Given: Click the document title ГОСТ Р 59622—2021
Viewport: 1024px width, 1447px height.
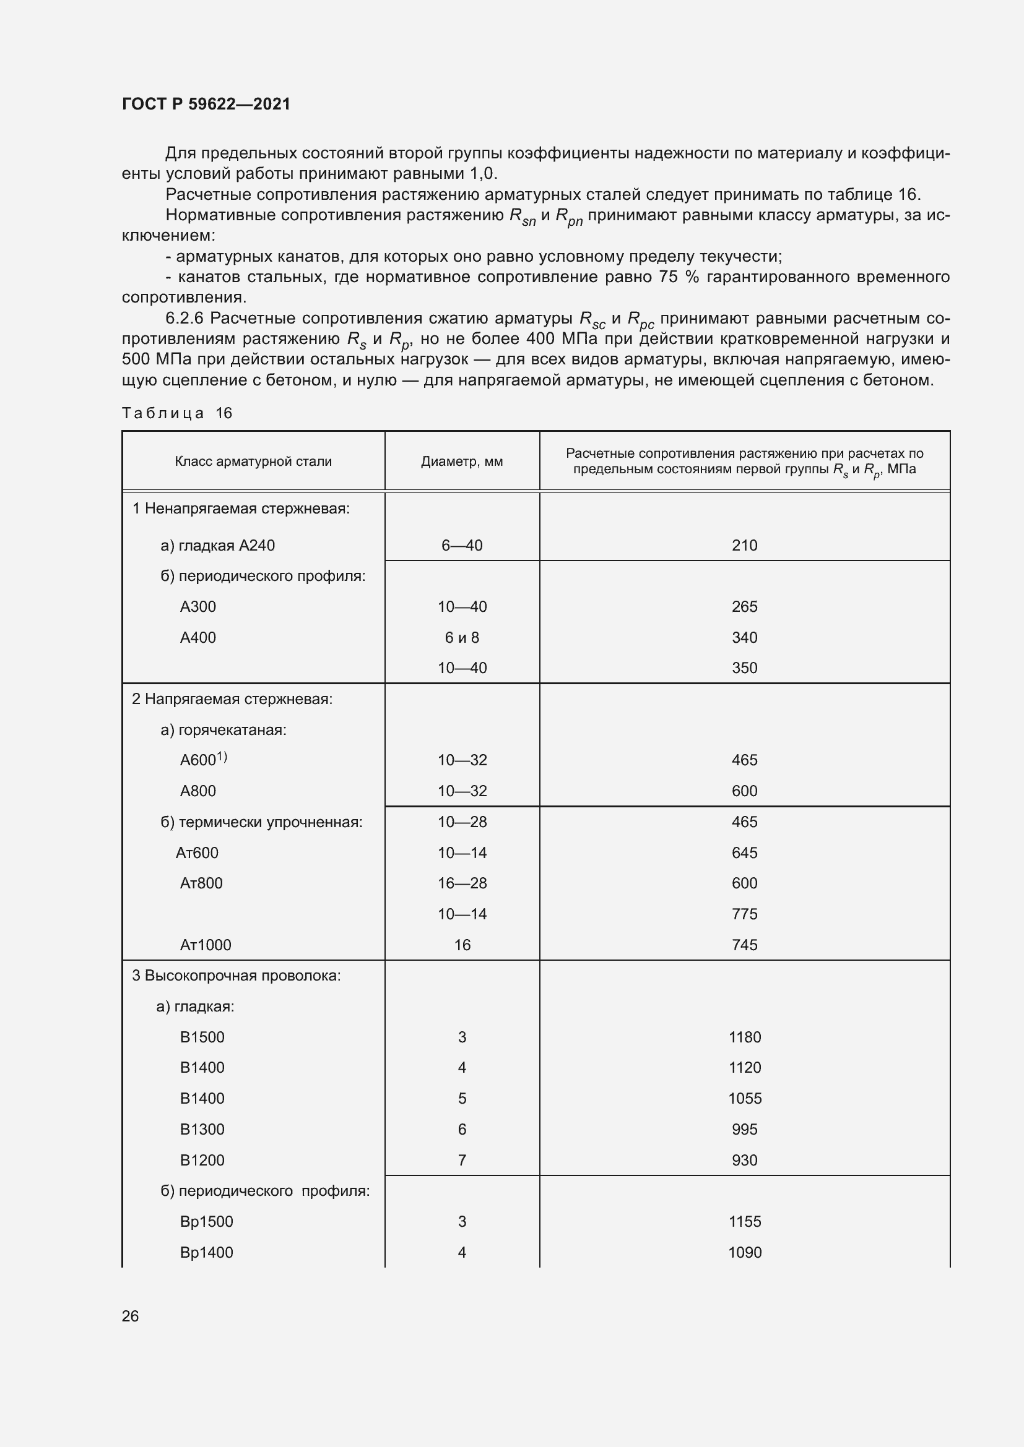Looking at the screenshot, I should pyautogui.click(x=206, y=104).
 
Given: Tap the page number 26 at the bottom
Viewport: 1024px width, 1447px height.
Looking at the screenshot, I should pyautogui.click(x=130, y=1316).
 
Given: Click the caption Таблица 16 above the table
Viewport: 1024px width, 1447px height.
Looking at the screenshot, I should pyautogui.click(x=177, y=413).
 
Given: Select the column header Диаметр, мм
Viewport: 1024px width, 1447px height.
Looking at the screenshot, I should pyautogui.click(x=462, y=462).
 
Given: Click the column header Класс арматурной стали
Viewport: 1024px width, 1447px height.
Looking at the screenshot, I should pyautogui.click(x=253, y=462).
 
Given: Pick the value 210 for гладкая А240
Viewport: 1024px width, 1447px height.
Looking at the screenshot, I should pyautogui.click(x=744, y=545).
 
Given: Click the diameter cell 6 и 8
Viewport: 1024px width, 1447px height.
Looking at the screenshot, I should pyautogui.click(x=462, y=637).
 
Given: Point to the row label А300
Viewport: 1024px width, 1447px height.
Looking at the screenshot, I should pyautogui.click(x=198, y=606).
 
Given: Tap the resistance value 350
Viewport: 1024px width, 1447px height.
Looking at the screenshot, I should pyautogui.click(x=744, y=668).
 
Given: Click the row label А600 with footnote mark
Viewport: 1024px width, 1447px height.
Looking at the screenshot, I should pyautogui.click(x=203, y=760).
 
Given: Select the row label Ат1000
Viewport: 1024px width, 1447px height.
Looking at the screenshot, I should pyautogui.click(x=206, y=945).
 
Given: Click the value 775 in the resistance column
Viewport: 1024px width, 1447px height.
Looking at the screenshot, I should pyautogui.click(x=744, y=914).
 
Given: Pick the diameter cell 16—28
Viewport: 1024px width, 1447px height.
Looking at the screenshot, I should pyautogui.click(x=462, y=883).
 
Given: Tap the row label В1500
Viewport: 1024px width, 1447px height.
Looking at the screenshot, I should pyautogui.click(x=202, y=1037).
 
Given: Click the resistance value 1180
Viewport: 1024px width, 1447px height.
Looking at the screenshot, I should pyautogui.click(x=744, y=1037).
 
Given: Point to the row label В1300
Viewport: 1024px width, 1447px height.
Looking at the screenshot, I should pyautogui.click(x=202, y=1129).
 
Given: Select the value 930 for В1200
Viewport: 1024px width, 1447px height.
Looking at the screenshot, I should pyautogui.click(x=744, y=1159).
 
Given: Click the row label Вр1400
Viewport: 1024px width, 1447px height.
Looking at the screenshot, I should pyautogui.click(x=206, y=1252).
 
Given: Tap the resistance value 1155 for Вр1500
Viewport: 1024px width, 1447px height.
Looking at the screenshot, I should pyautogui.click(x=744, y=1221).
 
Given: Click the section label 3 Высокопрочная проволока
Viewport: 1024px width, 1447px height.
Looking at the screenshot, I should pyautogui.click(x=236, y=976).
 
